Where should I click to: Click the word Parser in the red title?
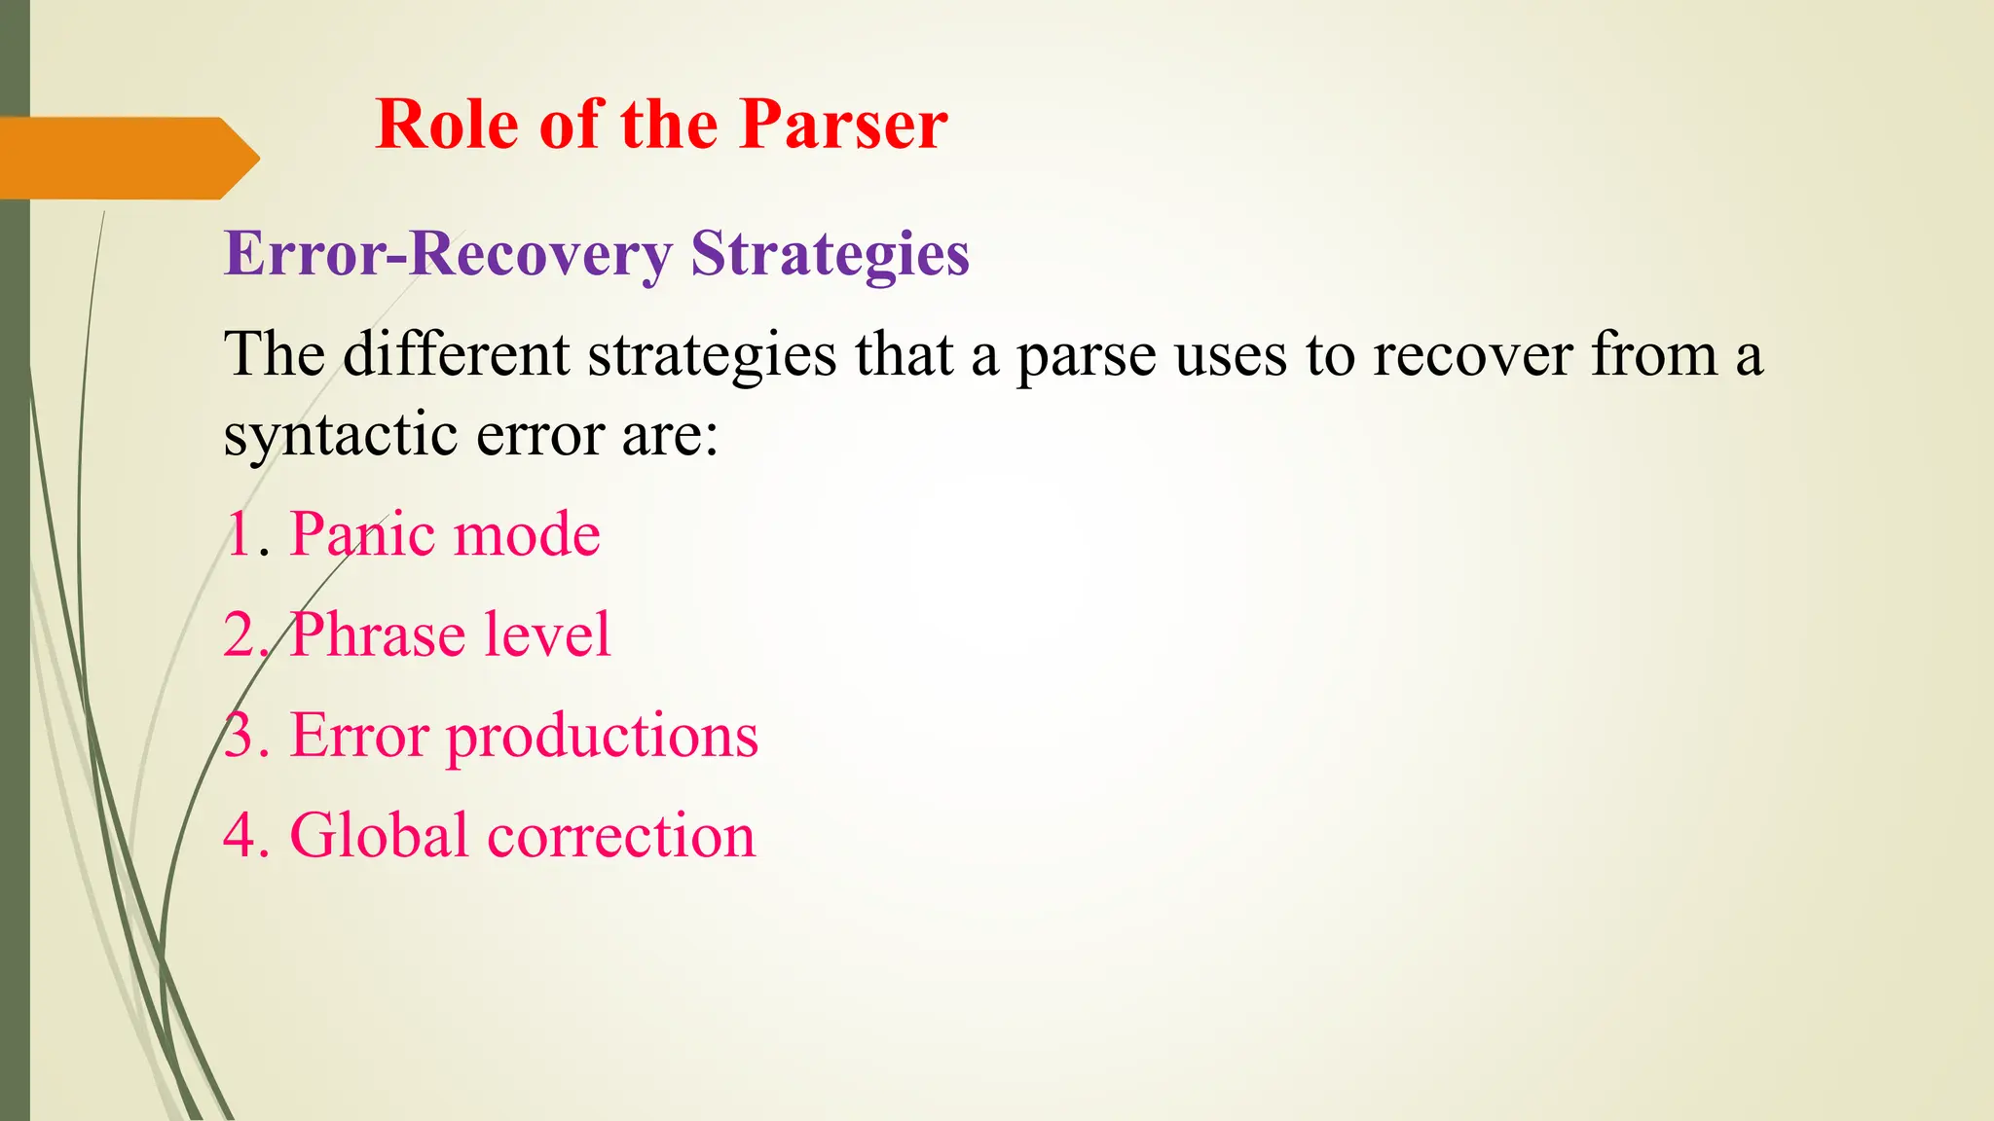coord(842,125)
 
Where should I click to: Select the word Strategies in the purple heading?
coord(830,255)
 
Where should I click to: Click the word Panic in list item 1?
coord(361,534)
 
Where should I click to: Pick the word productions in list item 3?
coord(602,737)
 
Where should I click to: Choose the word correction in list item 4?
coord(621,837)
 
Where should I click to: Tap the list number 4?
coord(239,836)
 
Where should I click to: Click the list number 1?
coord(239,534)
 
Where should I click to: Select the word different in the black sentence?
coord(456,354)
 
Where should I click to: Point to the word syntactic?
coord(340,434)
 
